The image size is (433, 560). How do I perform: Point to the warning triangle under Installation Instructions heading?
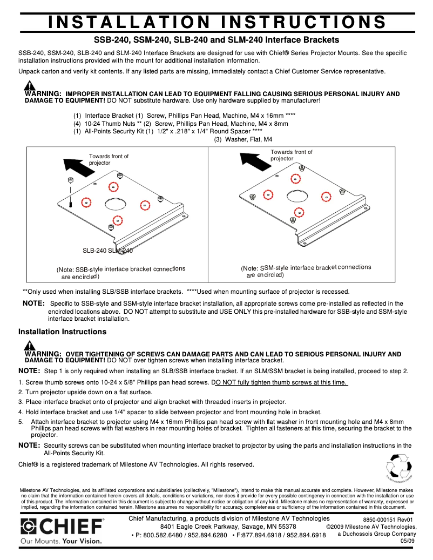pyautogui.click(x=30, y=346)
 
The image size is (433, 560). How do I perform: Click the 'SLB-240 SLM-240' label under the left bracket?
pyautogui.click(x=107, y=251)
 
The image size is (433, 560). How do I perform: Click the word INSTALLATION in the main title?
pyautogui.click(x=128, y=22)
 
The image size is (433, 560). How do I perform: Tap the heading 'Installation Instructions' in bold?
pyautogui.click(x=62, y=332)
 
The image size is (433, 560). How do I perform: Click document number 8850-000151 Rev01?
pyautogui.click(x=388, y=519)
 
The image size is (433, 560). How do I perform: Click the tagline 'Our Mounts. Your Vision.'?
pyautogui.click(x=61, y=540)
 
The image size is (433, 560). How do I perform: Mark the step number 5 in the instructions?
pyautogui.click(x=21, y=422)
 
